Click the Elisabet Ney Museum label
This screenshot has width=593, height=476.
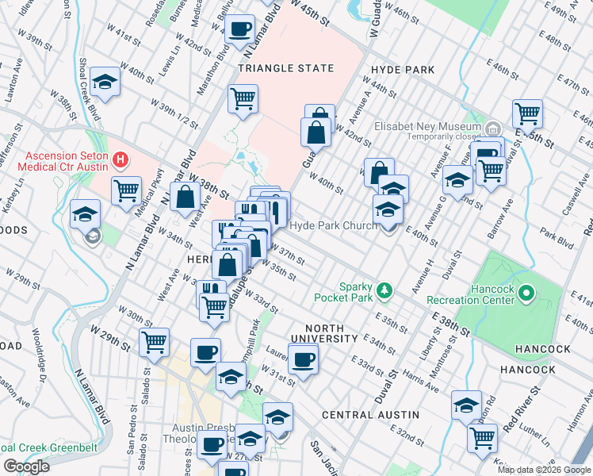click(427, 126)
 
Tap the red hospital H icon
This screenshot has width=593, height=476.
click(121, 159)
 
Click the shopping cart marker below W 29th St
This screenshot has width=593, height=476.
click(154, 342)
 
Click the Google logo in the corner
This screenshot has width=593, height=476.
click(26, 466)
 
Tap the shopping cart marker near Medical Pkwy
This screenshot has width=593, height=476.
click(126, 190)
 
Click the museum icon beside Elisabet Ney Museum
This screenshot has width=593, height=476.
click(492, 127)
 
